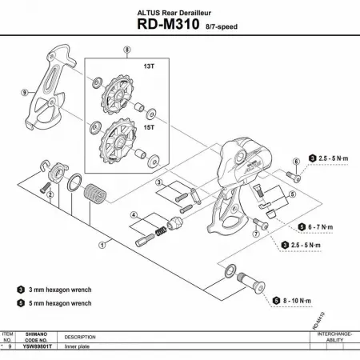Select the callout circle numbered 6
(295, 162)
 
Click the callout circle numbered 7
(255, 234)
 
